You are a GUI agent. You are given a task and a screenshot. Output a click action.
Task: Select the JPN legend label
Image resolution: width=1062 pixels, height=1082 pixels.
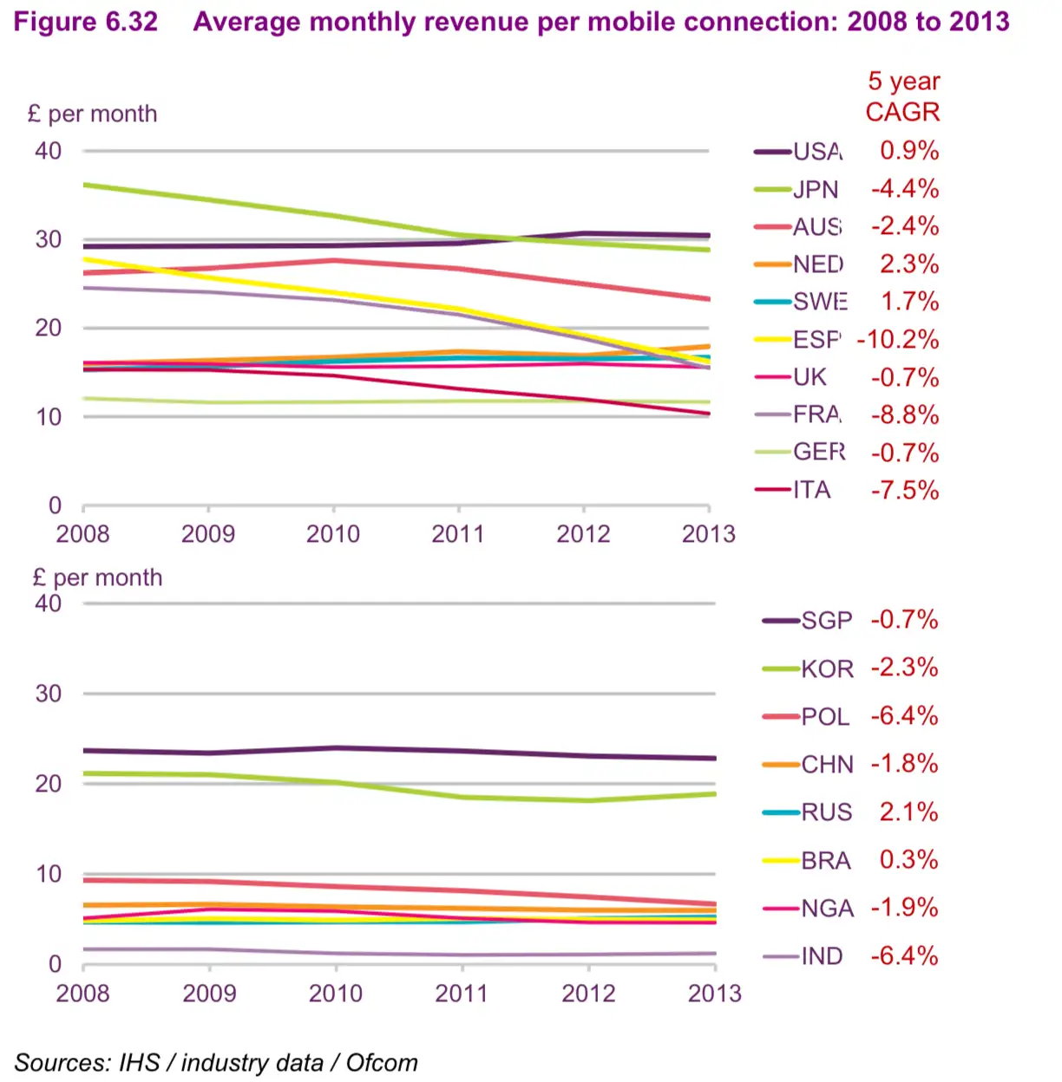(x=816, y=190)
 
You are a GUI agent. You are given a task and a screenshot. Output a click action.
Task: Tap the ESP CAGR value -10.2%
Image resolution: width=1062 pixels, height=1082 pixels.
(x=898, y=340)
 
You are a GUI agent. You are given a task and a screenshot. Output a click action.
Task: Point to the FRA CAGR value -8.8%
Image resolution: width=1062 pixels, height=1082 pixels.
(x=905, y=415)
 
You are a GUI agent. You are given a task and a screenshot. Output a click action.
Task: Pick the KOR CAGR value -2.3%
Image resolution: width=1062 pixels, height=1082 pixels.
(x=905, y=668)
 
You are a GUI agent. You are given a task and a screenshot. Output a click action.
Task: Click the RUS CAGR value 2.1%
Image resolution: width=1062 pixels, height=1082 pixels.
(x=908, y=812)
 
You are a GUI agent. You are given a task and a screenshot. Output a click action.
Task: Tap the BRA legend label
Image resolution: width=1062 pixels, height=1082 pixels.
(x=826, y=861)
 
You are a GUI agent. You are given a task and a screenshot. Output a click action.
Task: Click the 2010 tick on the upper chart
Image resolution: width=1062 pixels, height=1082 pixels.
(x=333, y=534)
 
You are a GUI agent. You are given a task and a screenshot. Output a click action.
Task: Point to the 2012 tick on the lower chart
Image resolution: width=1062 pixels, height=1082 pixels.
(x=588, y=994)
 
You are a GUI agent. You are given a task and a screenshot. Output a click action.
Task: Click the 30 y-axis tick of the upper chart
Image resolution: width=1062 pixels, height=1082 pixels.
(x=49, y=239)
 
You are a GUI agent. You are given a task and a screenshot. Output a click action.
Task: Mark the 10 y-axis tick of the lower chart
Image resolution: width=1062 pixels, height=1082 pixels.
(x=49, y=874)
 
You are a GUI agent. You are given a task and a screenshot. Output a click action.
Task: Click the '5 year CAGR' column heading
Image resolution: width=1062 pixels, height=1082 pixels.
(x=902, y=96)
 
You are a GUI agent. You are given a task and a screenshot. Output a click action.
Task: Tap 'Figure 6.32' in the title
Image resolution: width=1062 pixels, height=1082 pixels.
(x=86, y=22)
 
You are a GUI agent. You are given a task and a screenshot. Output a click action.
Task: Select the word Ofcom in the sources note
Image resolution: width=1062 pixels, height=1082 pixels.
(x=382, y=1063)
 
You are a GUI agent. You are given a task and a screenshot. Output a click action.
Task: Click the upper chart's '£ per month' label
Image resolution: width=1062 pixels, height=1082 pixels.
(x=93, y=114)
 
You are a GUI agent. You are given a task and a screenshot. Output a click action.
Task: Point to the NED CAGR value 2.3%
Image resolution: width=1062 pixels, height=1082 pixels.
(x=908, y=264)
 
